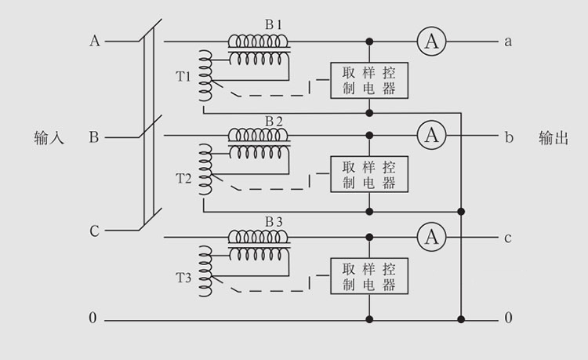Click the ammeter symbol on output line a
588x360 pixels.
[430, 42]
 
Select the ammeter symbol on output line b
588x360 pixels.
[430, 136]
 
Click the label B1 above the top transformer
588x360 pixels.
[274, 24]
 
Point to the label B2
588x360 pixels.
[274, 121]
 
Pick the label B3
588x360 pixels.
[274, 222]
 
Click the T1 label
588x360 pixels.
[183, 77]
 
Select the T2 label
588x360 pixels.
[183, 178]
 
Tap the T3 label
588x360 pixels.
[183, 278]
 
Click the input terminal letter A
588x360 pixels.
[95, 42]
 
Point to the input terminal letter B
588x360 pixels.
[94, 138]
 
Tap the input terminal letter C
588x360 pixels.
[94, 231]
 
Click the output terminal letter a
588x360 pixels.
[508, 42]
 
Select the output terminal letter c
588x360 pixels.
[508, 238]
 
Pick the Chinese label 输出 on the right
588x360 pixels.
[554, 138]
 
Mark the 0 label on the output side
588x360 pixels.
[508, 318]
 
